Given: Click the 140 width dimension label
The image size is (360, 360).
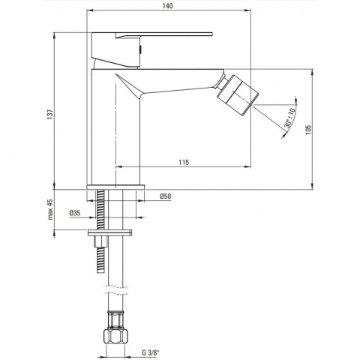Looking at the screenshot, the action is (x=167, y=6).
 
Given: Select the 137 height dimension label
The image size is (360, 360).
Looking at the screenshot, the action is (x=50, y=114).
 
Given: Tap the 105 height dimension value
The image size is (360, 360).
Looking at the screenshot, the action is (x=308, y=130).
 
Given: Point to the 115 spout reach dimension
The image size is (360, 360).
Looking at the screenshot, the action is (x=184, y=162).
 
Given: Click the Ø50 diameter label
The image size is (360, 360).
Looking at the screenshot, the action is (x=166, y=196).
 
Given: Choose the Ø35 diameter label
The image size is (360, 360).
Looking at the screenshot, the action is (x=75, y=213).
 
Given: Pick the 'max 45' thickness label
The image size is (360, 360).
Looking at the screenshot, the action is (x=50, y=209).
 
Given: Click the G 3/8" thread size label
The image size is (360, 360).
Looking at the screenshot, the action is (x=151, y=353).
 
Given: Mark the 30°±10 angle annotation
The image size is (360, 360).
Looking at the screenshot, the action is (x=290, y=118).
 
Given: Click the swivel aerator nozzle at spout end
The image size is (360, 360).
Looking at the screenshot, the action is (x=238, y=95).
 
